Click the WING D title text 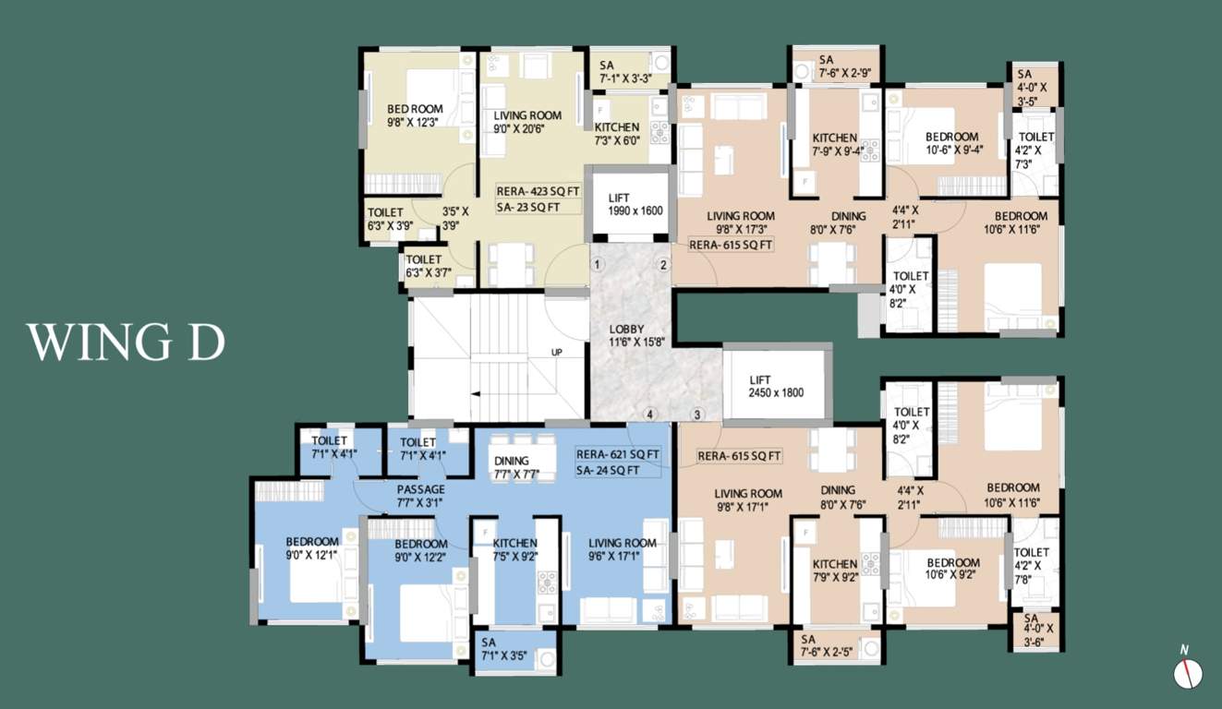(x=126, y=342)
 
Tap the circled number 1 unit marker (x=598, y=265)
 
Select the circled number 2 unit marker (x=663, y=265)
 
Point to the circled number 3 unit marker (x=696, y=415)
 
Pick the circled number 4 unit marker (x=649, y=414)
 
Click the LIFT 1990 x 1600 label (x=635, y=205)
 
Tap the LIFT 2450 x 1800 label (x=776, y=386)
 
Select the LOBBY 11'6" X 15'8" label (x=636, y=335)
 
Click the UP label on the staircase (x=556, y=353)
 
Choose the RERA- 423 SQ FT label (x=538, y=191)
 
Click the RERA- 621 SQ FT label (x=618, y=454)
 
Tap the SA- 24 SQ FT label (x=608, y=470)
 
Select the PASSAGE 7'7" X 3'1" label (x=420, y=496)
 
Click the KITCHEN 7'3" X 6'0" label (x=617, y=134)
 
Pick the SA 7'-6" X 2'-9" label (x=844, y=66)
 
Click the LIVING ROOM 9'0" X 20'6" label (x=527, y=122)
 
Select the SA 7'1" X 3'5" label (x=504, y=649)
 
